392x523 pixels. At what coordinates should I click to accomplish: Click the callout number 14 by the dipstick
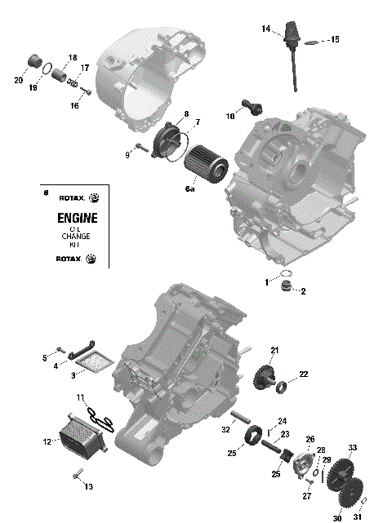coord(265,29)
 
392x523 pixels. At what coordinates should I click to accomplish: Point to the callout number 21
coord(274,350)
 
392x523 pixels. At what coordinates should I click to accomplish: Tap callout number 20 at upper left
coord(18,80)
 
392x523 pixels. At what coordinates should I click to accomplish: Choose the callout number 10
coord(230,117)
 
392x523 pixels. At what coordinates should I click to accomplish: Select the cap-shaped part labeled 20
coord(35,61)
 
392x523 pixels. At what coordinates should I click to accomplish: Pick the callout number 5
coord(45,358)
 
